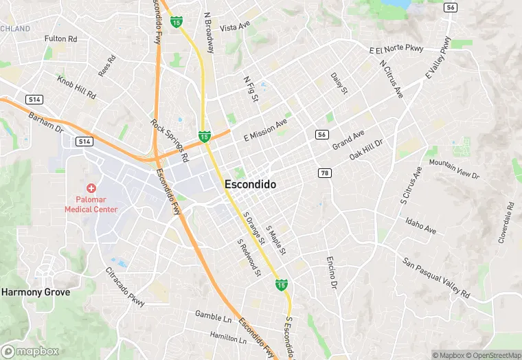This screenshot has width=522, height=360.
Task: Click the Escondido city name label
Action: (x=250, y=185)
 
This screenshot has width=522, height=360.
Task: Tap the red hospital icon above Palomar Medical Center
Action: (x=91, y=188)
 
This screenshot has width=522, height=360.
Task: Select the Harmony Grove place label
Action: (x=36, y=292)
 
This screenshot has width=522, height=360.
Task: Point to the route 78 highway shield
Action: (x=325, y=172)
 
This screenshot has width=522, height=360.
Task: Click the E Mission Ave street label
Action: (x=265, y=129)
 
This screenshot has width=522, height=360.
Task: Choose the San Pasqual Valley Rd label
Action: (x=436, y=278)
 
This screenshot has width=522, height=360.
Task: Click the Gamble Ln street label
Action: (x=213, y=317)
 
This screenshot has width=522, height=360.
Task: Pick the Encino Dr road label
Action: (x=331, y=271)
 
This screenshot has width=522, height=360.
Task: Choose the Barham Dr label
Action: (x=46, y=124)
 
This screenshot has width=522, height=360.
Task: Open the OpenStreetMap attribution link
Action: (x=489, y=355)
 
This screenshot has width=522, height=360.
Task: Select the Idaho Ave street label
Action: (x=420, y=225)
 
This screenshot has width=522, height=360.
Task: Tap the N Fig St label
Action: (x=251, y=89)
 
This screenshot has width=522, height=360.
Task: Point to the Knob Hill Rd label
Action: (x=76, y=87)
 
